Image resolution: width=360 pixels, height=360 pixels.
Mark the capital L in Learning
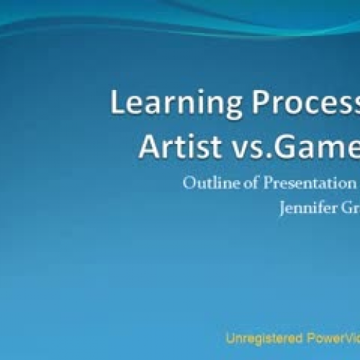pos(117,103)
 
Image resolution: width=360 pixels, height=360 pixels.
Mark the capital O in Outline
pos(189,183)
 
